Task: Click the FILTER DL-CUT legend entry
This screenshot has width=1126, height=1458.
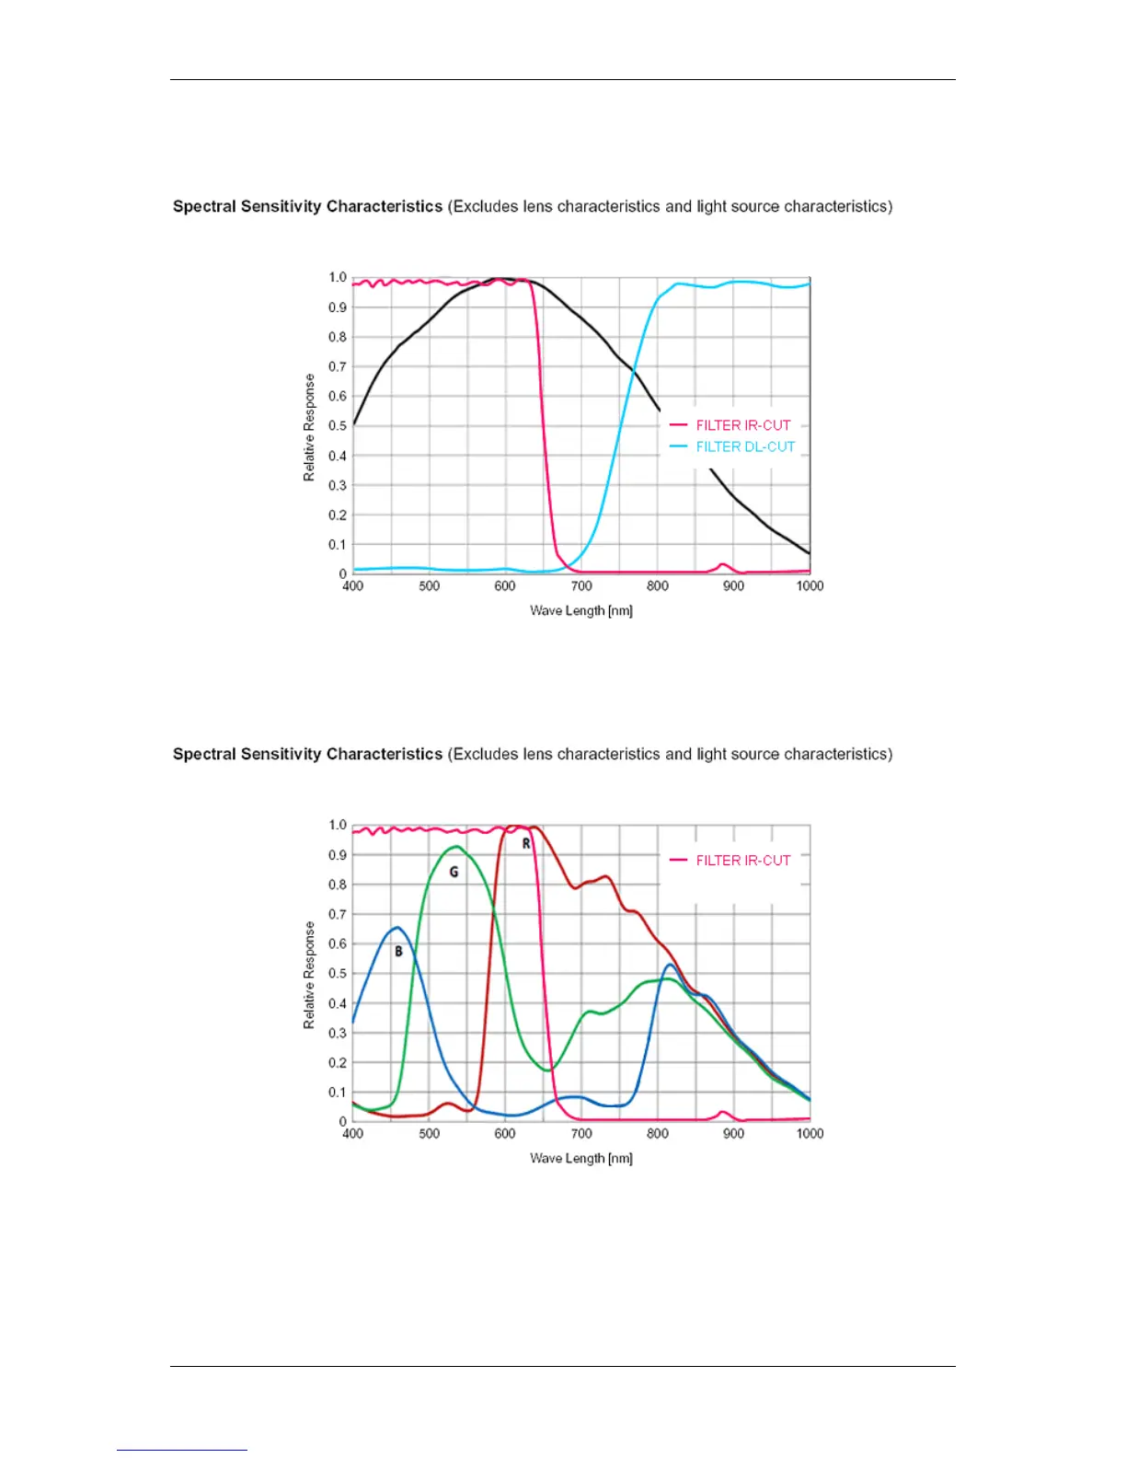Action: (744, 446)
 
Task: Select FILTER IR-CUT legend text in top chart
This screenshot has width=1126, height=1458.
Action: (742, 425)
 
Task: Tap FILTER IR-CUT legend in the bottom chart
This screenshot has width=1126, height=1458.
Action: (742, 860)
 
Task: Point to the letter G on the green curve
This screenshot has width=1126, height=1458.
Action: (454, 872)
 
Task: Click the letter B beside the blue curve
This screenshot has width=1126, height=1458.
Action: (398, 951)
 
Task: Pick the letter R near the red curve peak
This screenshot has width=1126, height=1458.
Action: (526, 843)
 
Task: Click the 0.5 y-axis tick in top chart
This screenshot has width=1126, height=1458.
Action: (338, 425)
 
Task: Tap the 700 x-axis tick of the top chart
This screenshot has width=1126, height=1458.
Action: (581, 585)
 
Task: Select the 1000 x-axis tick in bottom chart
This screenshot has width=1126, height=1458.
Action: (810, 1133)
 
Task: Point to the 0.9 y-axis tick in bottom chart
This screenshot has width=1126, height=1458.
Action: (338, 854)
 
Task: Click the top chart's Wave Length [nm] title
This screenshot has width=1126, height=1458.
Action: (580, 610)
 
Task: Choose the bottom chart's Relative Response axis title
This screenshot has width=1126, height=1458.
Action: (309, 975)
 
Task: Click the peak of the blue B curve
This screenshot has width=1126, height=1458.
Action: (396, 928)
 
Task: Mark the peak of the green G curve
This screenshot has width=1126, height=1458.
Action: (456, 847)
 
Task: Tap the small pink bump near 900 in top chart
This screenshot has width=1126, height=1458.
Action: (722, 565)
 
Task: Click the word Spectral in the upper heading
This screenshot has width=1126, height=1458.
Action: (204, 206)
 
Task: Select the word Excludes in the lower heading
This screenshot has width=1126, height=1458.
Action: (485, 754)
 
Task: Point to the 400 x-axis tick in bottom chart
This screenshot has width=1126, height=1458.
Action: (352, 1133)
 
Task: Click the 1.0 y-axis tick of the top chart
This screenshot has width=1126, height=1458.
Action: (338, 277)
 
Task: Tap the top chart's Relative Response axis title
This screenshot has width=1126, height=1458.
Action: (309, 427)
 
